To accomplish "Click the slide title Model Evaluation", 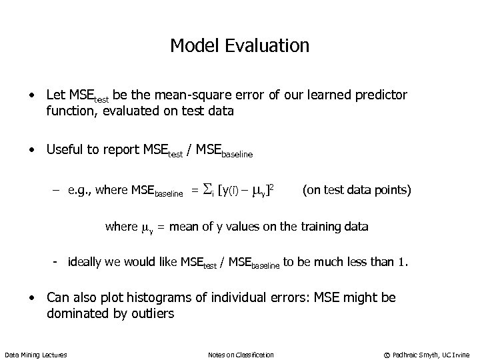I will point(239,45).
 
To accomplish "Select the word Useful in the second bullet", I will point(65,150).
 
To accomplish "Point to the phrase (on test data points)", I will point(357,191).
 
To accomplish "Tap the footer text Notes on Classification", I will point(241,355).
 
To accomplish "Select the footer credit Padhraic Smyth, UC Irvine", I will point(434,355).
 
